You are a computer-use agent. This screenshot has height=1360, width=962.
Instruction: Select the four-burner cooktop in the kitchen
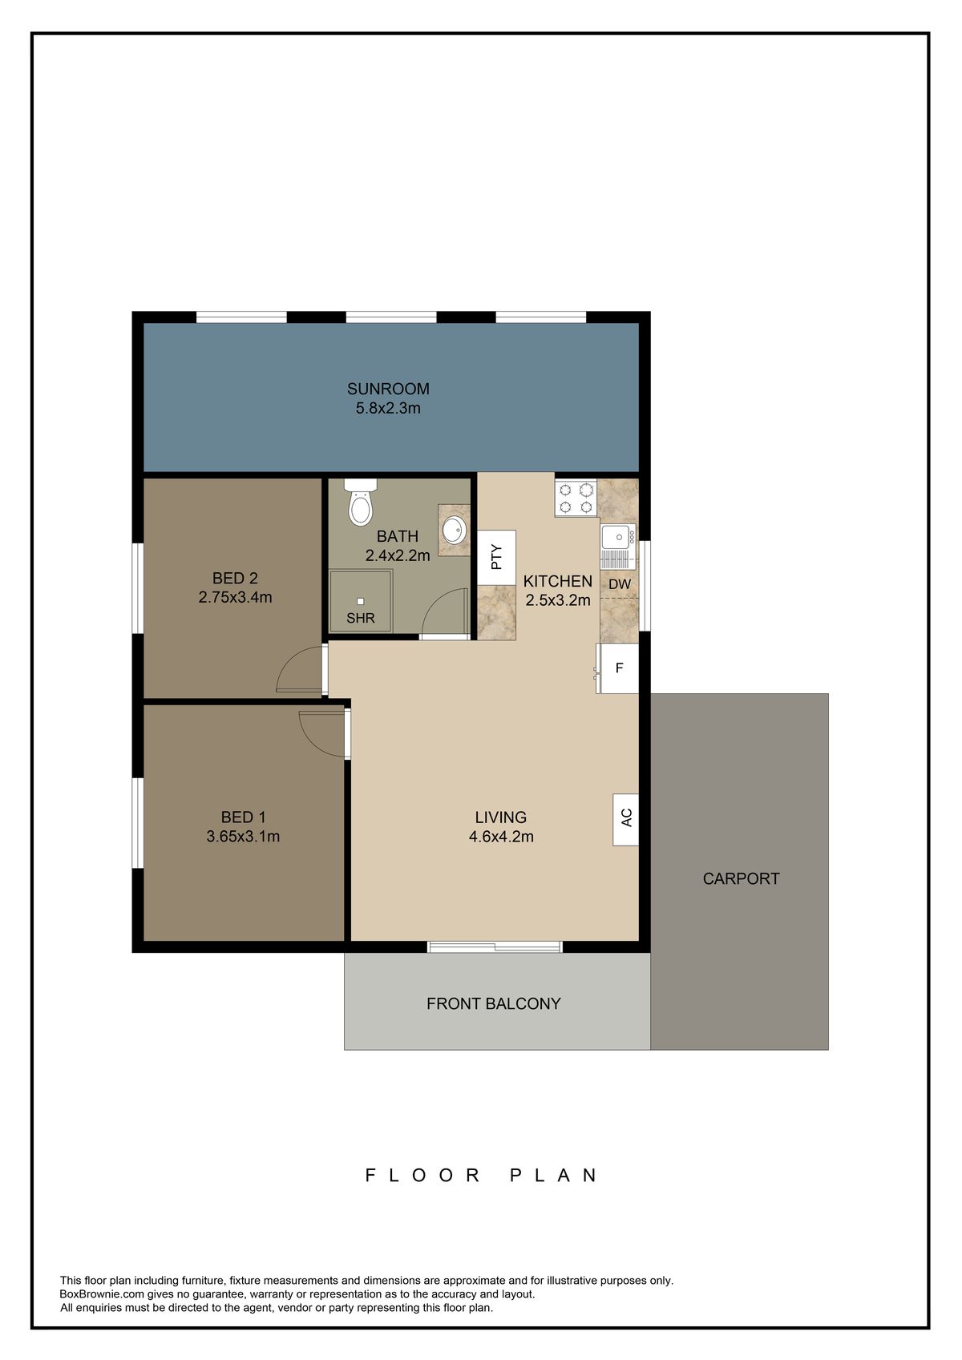pos(576,498)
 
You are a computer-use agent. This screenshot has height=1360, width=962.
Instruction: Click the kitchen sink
pos(618,545)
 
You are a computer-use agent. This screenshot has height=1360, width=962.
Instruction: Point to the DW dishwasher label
pos(620,584)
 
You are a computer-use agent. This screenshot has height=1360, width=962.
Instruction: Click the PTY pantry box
pos(497,557)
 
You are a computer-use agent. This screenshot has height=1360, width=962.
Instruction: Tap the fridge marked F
pos(617,668)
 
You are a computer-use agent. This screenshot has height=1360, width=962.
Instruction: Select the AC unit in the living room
pos(625,819)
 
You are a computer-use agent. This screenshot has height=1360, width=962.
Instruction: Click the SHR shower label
pos(361,618)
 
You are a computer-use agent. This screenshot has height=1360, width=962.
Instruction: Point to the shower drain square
pos(361,601)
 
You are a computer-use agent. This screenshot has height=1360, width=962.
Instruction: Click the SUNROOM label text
pos(388,389)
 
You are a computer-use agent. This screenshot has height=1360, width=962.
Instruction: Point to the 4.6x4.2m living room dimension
pos(501,837)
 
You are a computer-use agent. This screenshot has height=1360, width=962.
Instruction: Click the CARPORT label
pos(741,878)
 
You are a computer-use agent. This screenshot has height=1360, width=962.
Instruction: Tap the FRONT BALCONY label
pos(494,1003)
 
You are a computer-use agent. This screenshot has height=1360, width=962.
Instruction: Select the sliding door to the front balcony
pos(495,946)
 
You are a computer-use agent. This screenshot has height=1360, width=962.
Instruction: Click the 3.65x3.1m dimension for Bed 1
pos(243,837)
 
